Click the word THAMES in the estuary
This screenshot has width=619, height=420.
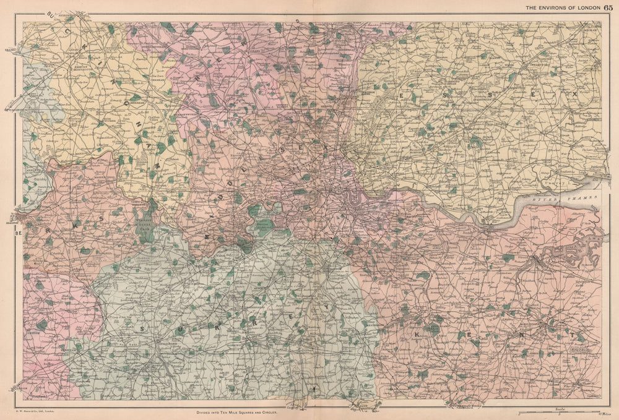[x=583, y=197]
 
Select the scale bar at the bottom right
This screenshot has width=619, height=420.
[x=557, y=411]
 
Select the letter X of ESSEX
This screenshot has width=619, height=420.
[x=574, y=93]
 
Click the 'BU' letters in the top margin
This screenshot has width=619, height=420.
[x=59, y=17]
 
